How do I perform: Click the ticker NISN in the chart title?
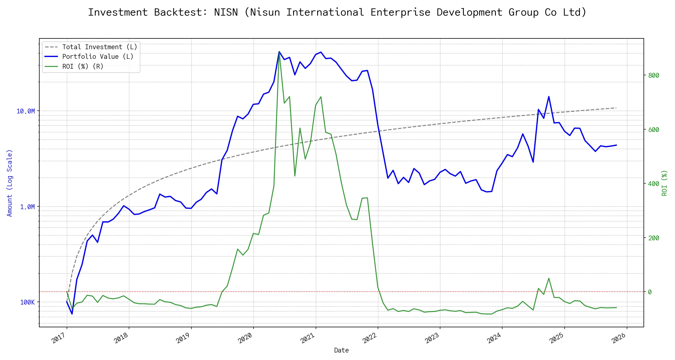click(226, 12)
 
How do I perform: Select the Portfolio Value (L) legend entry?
click(97, 57)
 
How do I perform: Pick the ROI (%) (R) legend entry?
click(82, 67)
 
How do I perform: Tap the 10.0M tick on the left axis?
click(25, 111)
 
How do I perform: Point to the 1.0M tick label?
click(27, 207)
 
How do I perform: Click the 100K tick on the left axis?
click(27, 302)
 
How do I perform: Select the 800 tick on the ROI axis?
click(654, 76)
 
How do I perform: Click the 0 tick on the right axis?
click(650, 292)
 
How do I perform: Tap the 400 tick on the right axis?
click(654, 184)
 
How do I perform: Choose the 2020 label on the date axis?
click(245, 338)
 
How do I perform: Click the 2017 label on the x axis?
click(58, 338)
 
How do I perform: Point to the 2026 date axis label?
click(619, 338)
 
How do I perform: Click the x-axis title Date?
click(341, 350)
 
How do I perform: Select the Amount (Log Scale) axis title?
click(10, 183)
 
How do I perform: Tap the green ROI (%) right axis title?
click(664, 183)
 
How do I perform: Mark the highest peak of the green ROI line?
click(279, 52)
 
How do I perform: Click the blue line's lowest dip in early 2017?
click(72, 314)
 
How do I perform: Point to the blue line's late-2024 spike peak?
click(549, 97)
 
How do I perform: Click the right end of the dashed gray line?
click(616, 108)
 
